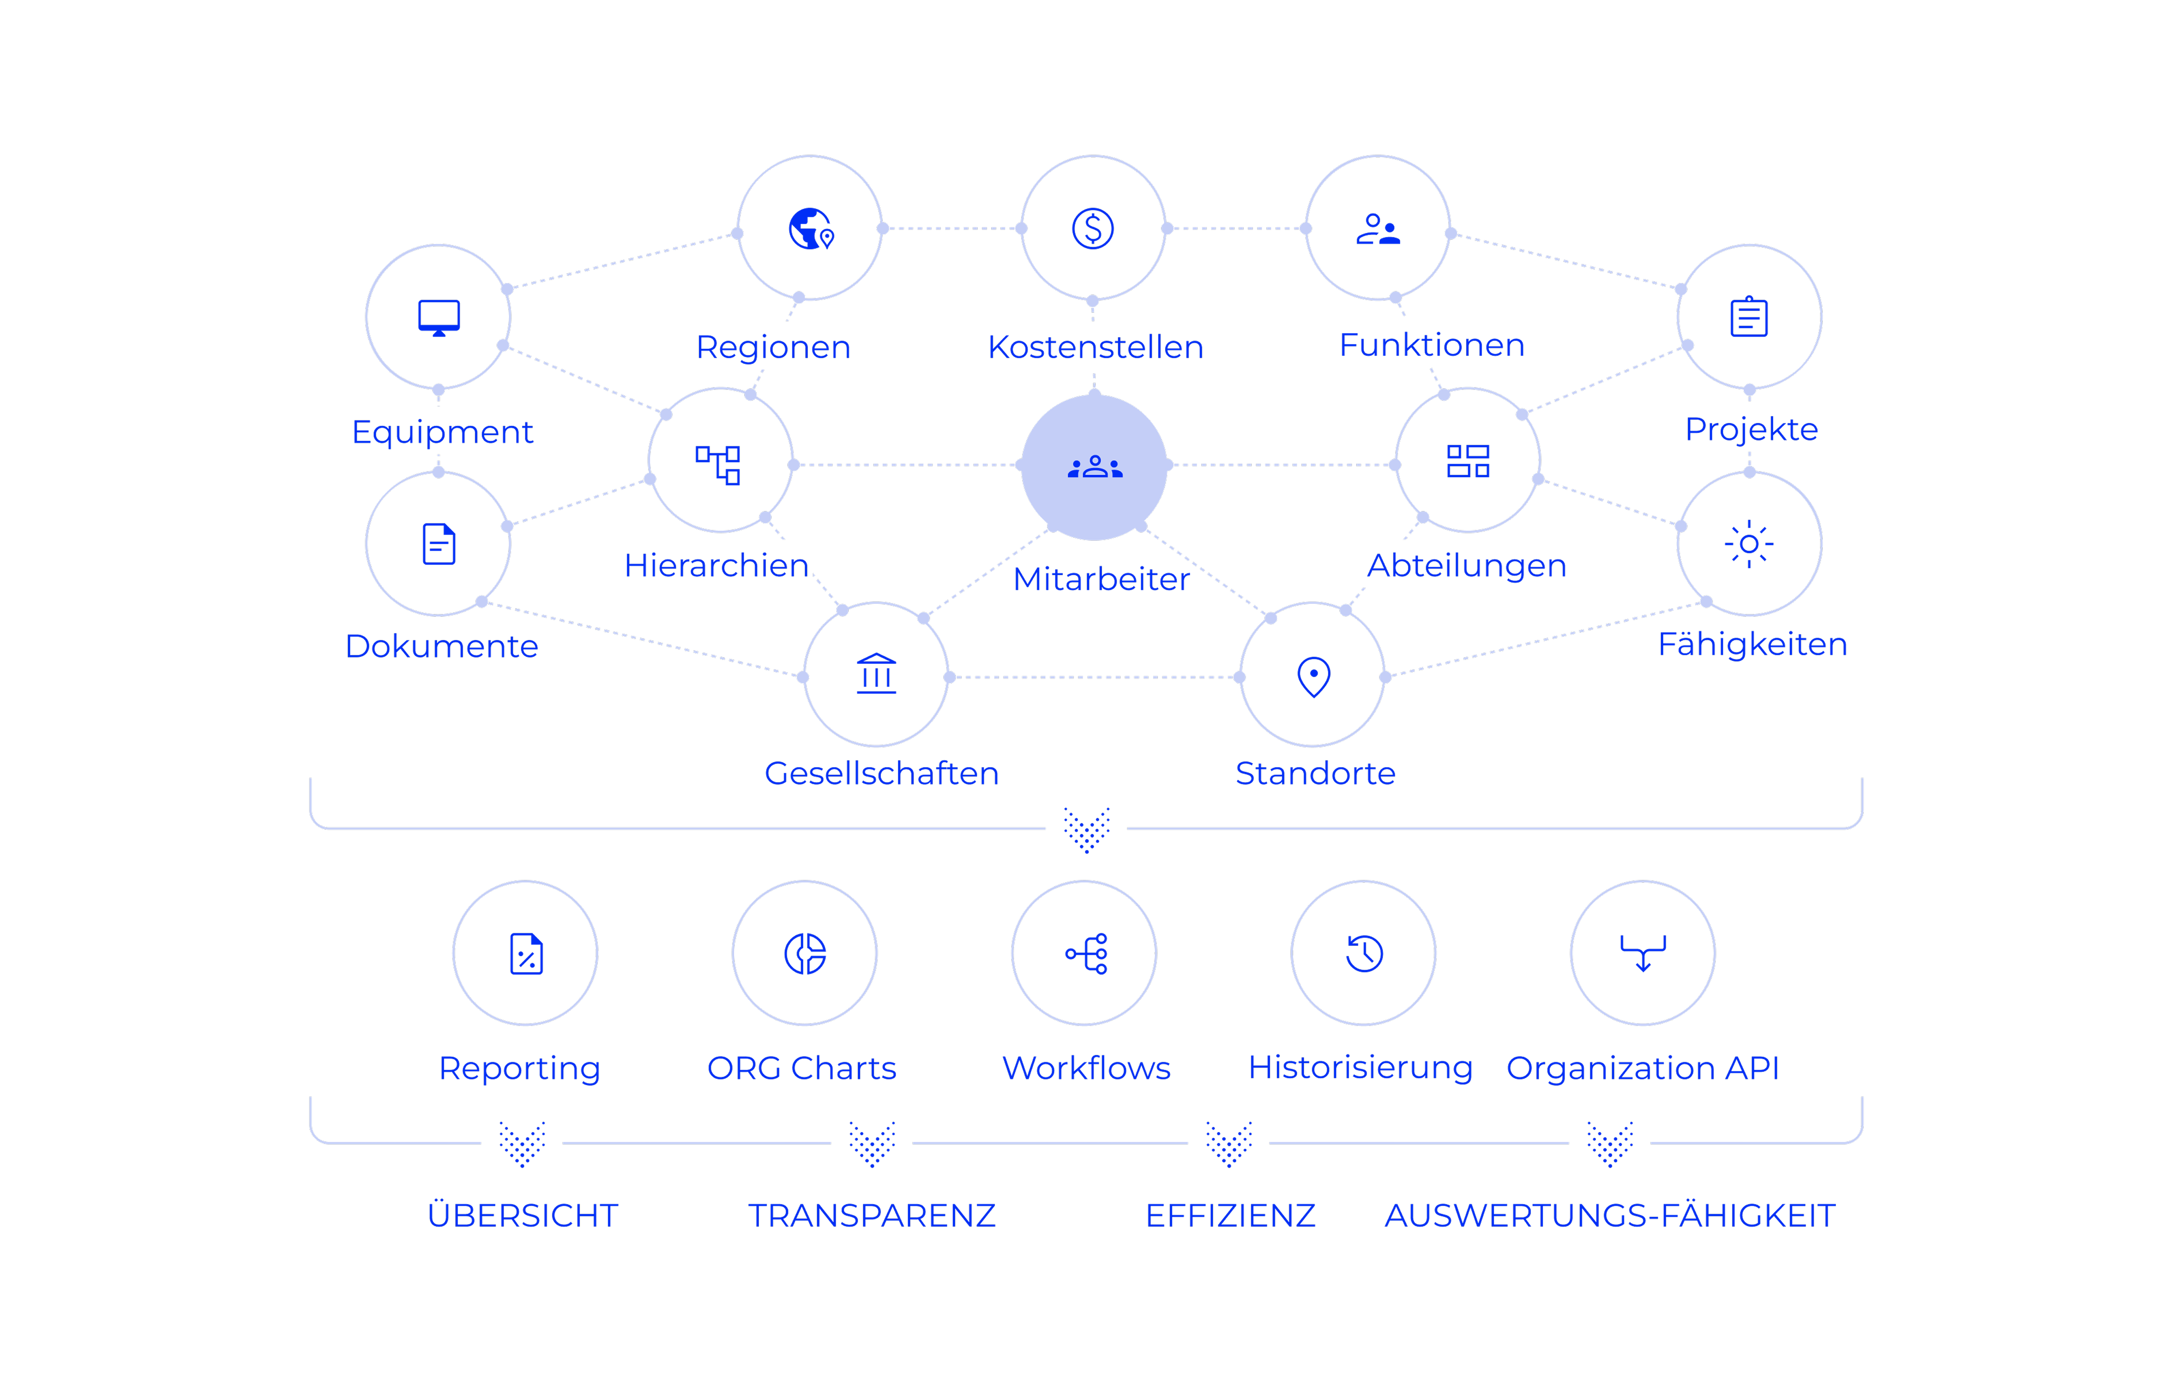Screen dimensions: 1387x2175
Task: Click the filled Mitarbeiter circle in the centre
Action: (x=1094, y=467)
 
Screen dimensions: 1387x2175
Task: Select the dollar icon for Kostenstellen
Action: (x=1093, y=228)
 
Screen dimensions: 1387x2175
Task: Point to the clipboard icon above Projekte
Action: (x=1749, y=317)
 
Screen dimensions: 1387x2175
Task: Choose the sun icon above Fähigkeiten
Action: (x=1749, y=544)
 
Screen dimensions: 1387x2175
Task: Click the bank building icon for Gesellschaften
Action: (x=876, y=674)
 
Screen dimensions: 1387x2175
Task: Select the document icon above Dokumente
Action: (x=439, y=544)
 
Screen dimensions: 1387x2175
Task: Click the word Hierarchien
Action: (x=716, y=566)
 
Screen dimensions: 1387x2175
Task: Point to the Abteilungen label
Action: (x=1467, y=566)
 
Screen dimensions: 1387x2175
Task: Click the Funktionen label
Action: (x=1432, y=345)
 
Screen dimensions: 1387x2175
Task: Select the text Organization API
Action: (x=1642, y=1068)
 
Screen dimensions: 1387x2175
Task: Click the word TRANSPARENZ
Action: (x=871, y=1215)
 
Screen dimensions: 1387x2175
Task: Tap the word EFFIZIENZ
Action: (x=1230, y=1215)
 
